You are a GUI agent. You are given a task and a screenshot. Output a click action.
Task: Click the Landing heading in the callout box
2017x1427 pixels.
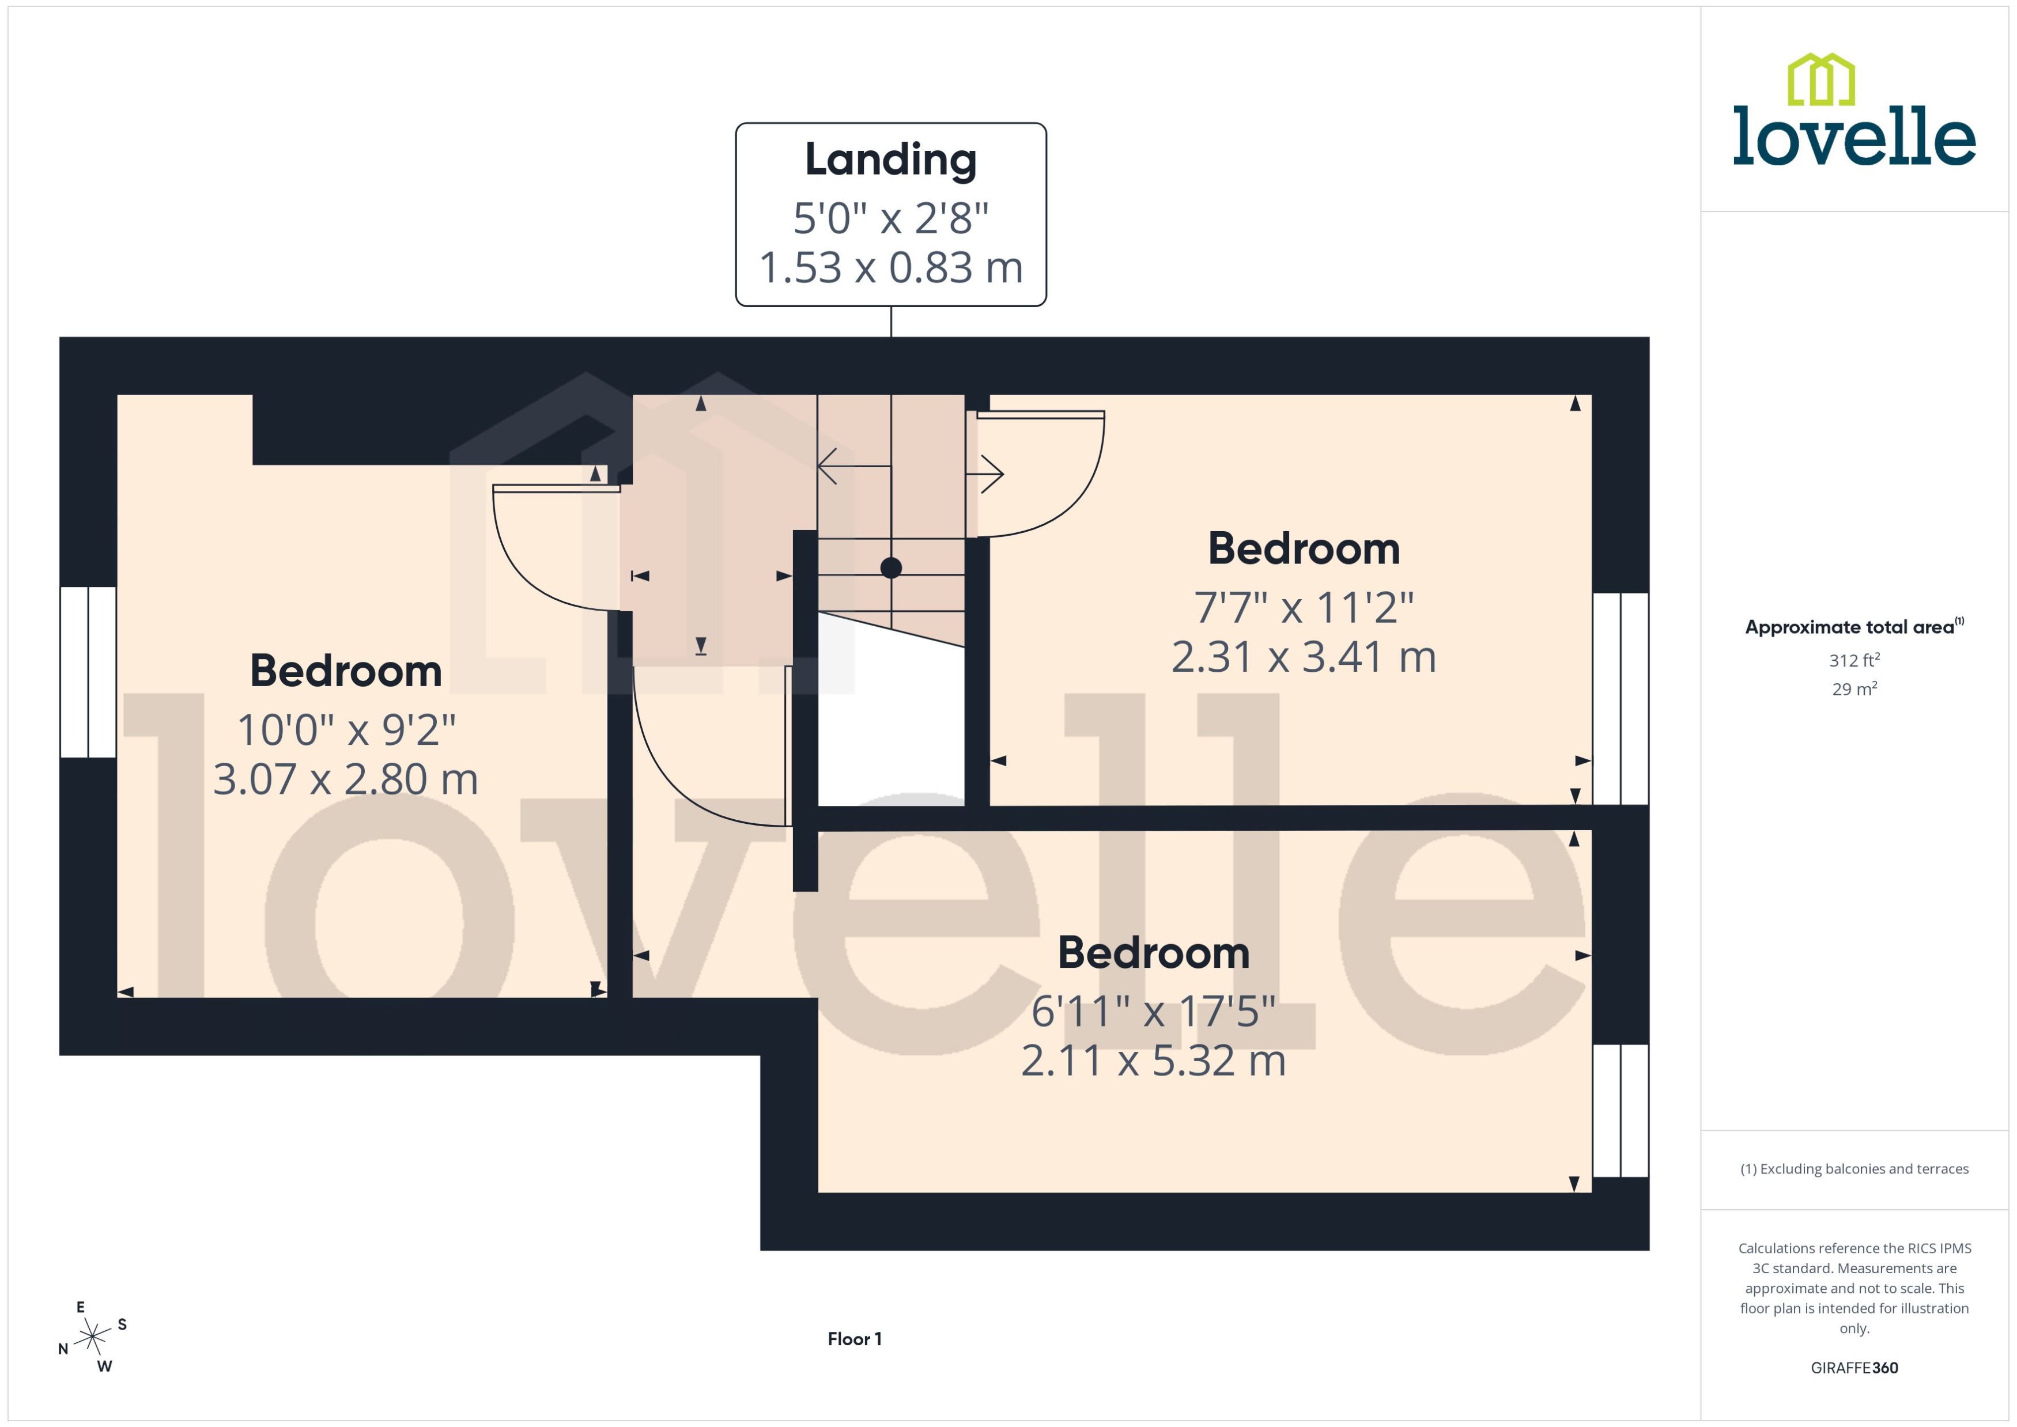coord(890,160)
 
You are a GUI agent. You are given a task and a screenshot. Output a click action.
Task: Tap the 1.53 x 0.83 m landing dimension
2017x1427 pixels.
coord(890,268)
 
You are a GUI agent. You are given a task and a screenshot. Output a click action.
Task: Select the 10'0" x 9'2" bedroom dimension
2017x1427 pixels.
coord(346,729)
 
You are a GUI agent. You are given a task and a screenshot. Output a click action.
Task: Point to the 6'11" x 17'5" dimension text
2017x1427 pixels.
coord(1153,1012)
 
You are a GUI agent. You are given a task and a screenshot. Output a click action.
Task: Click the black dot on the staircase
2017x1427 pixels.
coord(891,567)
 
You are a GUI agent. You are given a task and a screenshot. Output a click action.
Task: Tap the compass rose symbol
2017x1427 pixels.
coord(92,1337)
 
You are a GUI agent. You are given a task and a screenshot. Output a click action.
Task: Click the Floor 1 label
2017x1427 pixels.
coord(854,1338)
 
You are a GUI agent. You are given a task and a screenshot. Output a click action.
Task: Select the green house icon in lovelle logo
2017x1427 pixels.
coord(1821,80)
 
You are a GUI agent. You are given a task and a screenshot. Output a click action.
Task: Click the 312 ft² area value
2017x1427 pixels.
coord(1853,660)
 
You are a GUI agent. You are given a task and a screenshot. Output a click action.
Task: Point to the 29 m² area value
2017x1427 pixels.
coord(1853,689)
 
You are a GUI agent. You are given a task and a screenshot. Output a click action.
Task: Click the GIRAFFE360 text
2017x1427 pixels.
coord(1853,1367)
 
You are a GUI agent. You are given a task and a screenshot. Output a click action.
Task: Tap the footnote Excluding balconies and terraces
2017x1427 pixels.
coord(1853,1169)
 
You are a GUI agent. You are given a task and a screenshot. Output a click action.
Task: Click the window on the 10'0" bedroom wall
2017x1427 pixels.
coord(88,672)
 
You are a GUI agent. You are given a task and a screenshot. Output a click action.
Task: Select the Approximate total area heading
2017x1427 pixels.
coord(1853,627)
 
